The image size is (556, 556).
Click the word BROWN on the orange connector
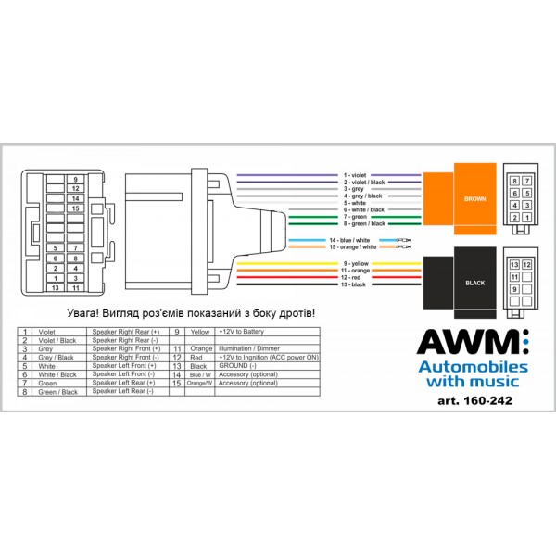474,198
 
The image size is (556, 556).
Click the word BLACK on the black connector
474,283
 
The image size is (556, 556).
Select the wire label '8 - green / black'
363,224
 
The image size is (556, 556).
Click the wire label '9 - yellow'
357,263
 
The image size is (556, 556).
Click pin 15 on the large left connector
76,208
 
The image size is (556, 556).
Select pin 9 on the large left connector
76,178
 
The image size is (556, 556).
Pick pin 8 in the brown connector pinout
515,182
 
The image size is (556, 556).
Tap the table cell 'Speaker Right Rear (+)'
124,331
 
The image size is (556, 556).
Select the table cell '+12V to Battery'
238,331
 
